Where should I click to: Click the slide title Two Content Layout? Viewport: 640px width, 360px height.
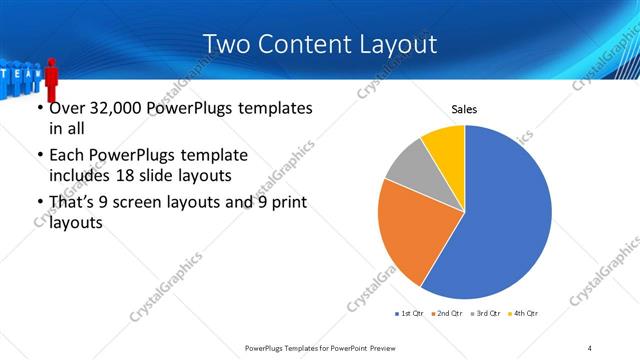pos(319,44)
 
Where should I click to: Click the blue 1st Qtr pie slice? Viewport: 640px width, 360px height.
pos(505,220)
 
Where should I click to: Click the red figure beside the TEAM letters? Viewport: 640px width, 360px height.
pos(50,75)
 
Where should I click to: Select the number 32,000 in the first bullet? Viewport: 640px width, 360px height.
pos(116,108)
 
